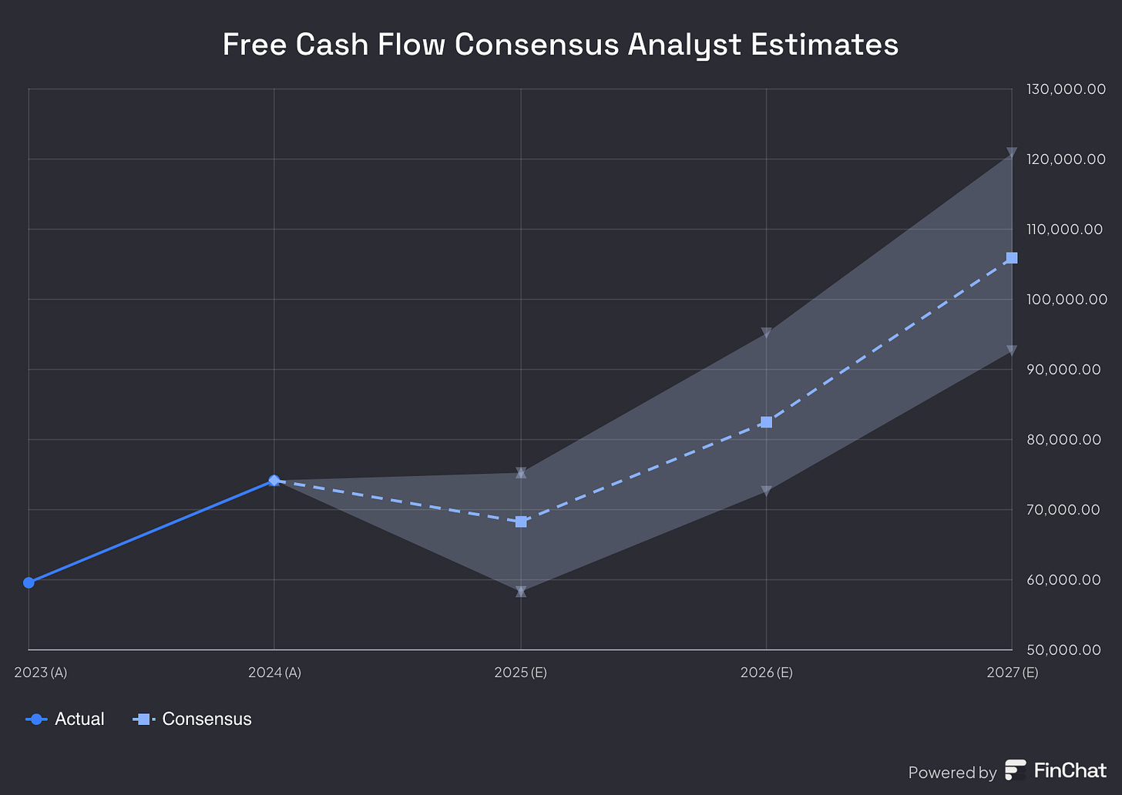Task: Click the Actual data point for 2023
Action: coord(29,582)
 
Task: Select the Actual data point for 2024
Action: coord(274,481)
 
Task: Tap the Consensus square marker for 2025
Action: coord(521,522)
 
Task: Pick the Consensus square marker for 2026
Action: coord(766,422)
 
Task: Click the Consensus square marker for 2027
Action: coord(1012,258)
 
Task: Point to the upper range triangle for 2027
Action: coord(1012,153)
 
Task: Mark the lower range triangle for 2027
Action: coord(1012,351)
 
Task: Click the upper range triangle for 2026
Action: coord(766,333)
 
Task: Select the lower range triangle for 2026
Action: coord(766,491)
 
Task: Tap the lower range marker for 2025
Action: coord(521,592)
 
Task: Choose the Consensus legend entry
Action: coord(193,719)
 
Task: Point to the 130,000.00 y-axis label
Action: coord(1066,89)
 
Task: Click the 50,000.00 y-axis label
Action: coord(1063,650)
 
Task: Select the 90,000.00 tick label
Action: coord(1063,370)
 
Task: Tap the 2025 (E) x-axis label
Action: coord(521,673)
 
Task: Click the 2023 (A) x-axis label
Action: coord(41,673)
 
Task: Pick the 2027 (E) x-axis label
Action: coord(1012,673)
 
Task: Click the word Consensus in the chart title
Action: coord(536,45)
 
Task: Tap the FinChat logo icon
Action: coord(1015,770)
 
